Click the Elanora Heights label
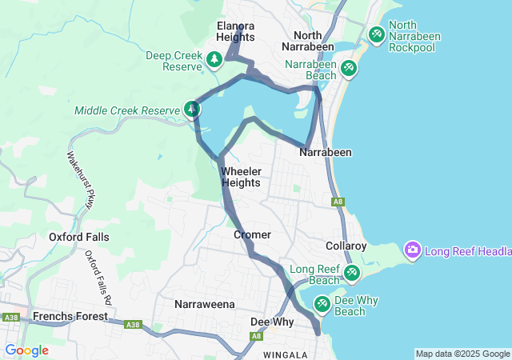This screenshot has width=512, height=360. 236,31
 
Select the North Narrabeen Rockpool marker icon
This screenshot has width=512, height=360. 376,34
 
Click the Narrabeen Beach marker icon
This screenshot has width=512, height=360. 349,68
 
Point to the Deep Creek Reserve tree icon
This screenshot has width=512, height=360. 214,58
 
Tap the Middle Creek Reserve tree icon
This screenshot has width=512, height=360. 192,108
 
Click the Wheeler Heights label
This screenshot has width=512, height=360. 241,177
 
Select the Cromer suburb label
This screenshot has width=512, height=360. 253,235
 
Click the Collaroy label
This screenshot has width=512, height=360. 346,246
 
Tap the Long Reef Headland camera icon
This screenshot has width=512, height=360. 414,250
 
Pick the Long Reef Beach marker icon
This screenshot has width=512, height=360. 351,274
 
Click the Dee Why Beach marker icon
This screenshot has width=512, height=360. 322,304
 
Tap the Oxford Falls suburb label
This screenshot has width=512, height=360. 79,237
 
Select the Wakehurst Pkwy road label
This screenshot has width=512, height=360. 82,182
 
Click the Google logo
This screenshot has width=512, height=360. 27,350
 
